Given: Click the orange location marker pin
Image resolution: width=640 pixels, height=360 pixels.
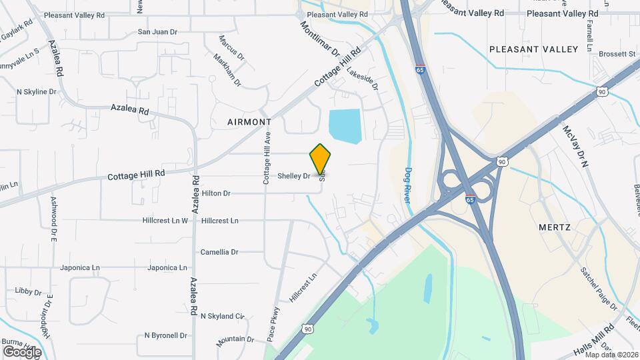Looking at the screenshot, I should pos(320,159).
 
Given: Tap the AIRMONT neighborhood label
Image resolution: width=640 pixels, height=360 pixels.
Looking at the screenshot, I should pos(249,122).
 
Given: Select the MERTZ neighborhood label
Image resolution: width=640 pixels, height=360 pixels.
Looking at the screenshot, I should pos(554,227).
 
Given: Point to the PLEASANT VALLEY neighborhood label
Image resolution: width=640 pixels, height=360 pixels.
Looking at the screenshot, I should pos(533,49).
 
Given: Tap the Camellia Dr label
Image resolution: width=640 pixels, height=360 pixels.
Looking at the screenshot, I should pos(219,252).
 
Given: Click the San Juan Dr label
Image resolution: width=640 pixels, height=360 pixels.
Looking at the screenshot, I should pos(157,31).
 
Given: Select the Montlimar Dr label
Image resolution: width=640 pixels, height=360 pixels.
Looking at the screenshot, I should pos(320,39).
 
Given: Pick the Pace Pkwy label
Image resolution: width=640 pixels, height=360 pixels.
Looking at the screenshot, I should pos(273,324).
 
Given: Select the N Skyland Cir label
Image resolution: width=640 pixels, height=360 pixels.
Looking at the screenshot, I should pos(223,316).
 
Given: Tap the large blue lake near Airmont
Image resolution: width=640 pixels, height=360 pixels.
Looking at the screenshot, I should pos(345,125).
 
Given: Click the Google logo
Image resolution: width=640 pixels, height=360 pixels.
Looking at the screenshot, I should pos(21,351).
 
